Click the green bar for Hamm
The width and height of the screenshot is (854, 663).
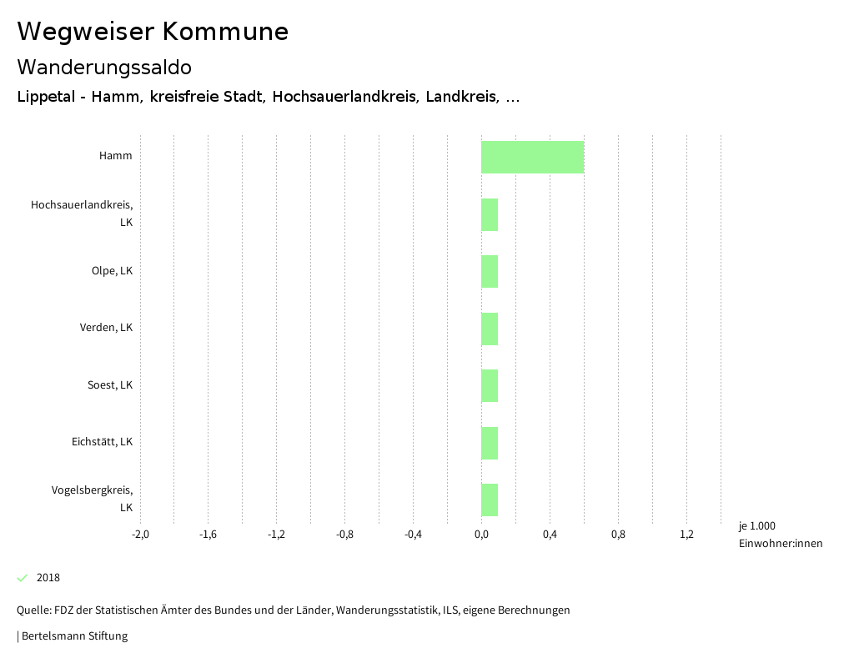pos(532,157)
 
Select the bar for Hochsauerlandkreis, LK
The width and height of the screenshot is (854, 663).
pos(490,214)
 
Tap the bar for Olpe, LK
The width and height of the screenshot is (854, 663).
pos(490,271)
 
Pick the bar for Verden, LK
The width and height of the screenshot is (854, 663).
pos(490,329)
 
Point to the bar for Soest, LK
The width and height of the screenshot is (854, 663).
pos(490,385)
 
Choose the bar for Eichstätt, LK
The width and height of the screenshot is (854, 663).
pos(490,443)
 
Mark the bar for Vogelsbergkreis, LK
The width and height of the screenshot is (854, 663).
pos(490,500)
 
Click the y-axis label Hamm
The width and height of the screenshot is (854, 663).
pos(115,156)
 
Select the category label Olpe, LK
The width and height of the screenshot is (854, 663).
pos(112,271)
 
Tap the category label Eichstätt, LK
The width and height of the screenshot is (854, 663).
pos(102,442)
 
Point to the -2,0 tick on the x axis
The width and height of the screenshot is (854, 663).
pos(140,535)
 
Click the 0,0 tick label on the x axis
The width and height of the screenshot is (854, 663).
pos(481,535)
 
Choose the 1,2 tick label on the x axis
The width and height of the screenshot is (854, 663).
pos(686,535)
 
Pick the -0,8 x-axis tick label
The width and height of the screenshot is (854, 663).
pos(344,535)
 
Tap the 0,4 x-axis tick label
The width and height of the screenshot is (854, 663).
pos(550,535)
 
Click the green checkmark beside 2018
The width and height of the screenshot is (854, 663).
pos(23,577)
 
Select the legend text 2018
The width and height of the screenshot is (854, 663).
pos(48,578)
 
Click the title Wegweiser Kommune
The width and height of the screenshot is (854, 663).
pos(153,32)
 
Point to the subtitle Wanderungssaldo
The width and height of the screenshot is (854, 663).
pos(104,67)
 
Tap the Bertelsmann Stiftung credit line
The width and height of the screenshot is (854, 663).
pos(73,636)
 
